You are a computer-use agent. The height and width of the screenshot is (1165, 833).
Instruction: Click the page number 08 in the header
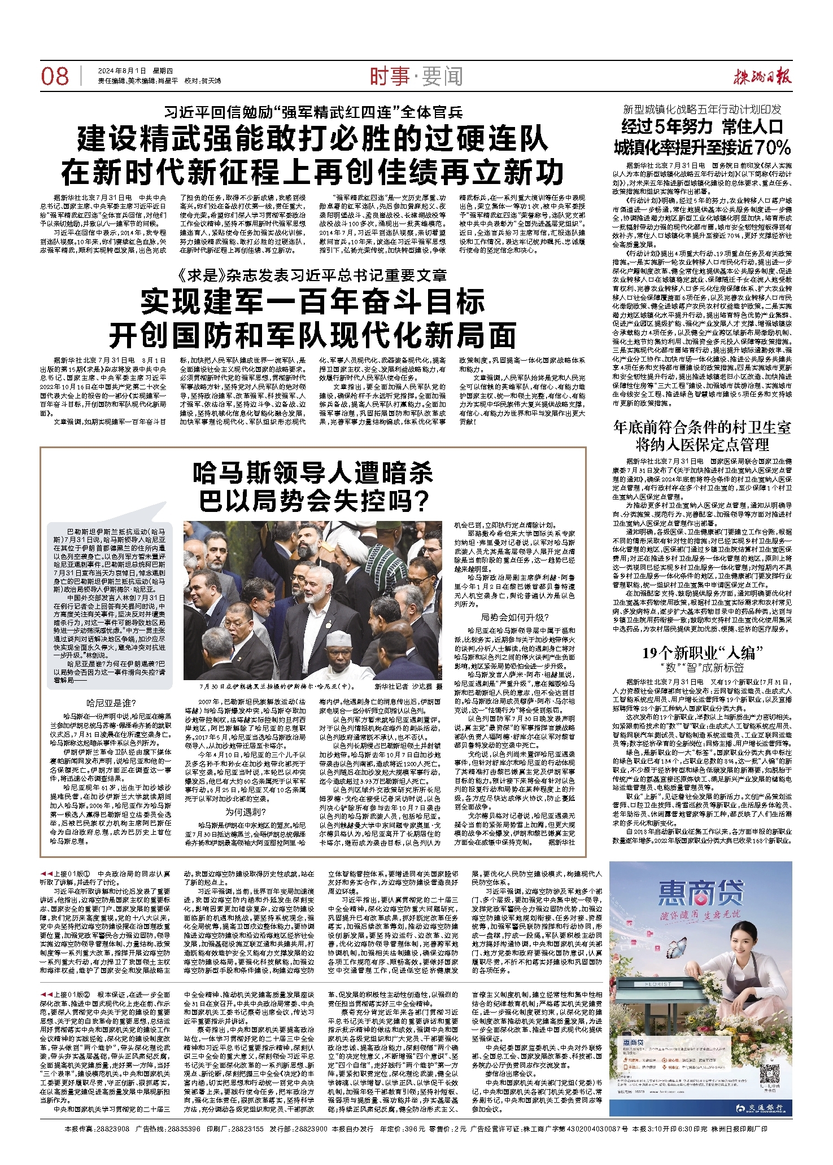coord(55,76)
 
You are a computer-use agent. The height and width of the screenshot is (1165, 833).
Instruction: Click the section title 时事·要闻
coord(416,76)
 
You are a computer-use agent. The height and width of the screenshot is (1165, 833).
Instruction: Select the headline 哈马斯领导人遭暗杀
coord(313,473)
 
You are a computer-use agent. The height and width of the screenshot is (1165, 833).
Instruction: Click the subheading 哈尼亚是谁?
coord(111,703)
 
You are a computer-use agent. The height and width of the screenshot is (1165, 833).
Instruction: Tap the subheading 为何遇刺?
coord(246,812)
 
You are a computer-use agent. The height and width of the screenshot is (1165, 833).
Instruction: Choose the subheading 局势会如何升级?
coord(514,617)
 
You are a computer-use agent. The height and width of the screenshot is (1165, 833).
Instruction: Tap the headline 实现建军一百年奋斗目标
coord(313,301)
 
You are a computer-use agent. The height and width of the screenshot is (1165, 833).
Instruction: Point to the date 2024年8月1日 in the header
coord(123,71)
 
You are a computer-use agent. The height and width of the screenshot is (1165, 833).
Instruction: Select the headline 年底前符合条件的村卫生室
coord(702,427)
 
